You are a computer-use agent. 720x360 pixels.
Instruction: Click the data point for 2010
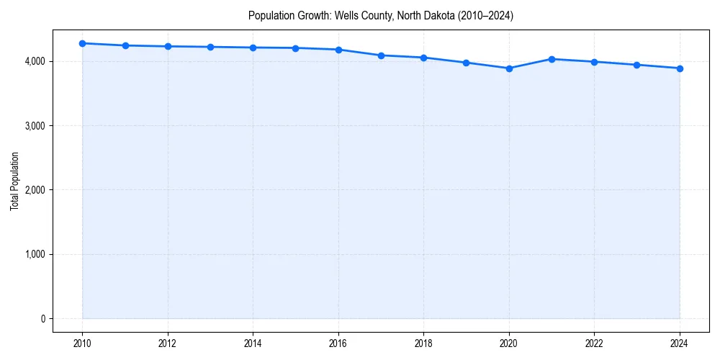pyautogui.click(x=82, y=43)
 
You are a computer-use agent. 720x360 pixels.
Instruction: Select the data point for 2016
pyautogui.click(x=338, y=50)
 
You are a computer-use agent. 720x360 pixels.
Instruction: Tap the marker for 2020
pyautogui.click(x=509, y=68)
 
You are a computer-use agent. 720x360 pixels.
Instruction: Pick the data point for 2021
pyautogui.click(x=552, y=59)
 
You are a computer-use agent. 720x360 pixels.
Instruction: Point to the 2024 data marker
pyautogui.click(x=680, y=68)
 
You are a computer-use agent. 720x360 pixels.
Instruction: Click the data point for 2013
pyautogui.click(x=210, y=47)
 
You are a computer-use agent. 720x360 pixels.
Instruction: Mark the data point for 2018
pyautogui.click(x=423, y=58)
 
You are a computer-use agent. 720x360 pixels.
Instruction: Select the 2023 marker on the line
pyautogui.click(x=637, y=65)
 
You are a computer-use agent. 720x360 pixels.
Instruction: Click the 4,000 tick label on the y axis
pyautogui.click(x=35, y=62)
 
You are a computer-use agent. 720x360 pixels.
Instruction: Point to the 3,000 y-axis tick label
pyautogui.click(x=35, y=126)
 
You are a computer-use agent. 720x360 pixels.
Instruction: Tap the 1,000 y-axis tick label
pyautogui.click(x=35, y=254)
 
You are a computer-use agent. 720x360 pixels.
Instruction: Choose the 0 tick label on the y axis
pyautogui.click(x=42, y=319)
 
